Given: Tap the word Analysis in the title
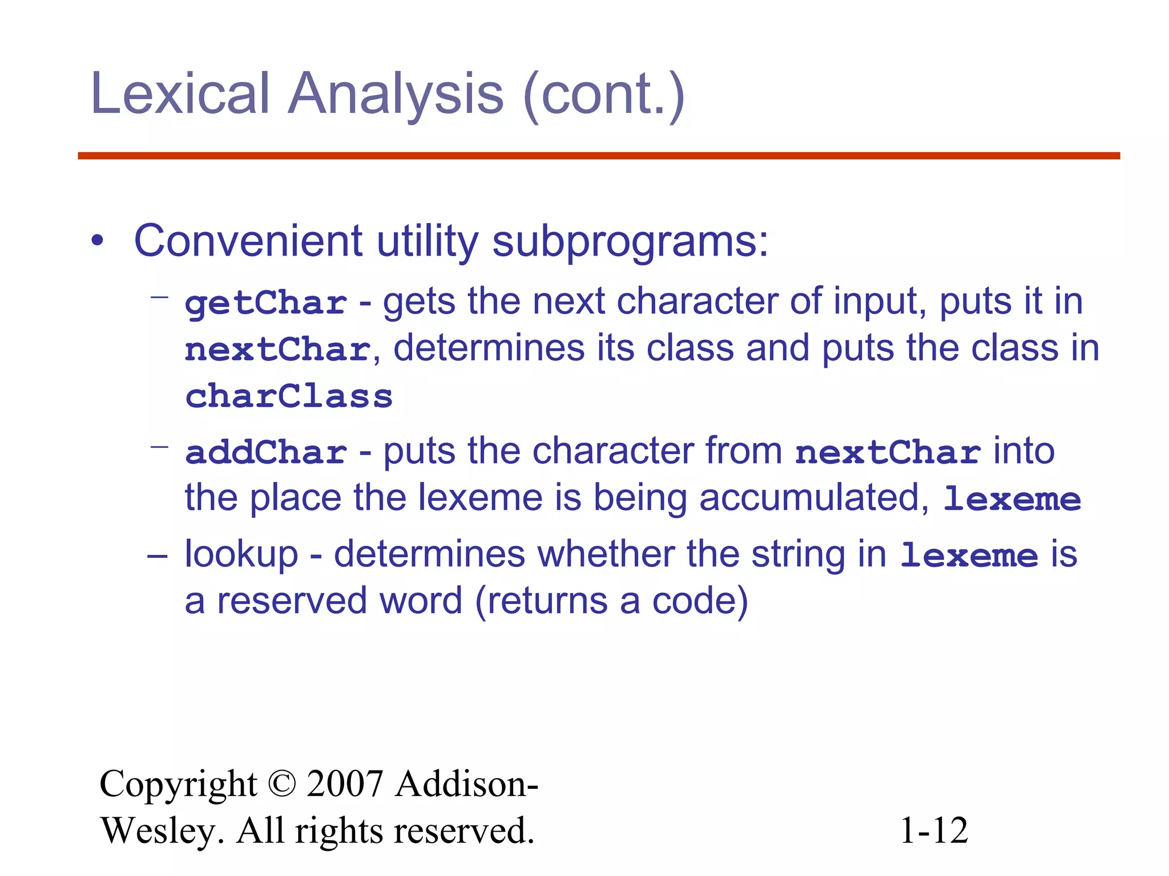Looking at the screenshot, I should [396, 94].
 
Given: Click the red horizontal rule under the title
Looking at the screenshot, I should [598, 156].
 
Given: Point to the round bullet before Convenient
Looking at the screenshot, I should [98, 241].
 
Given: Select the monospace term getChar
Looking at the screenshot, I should [266, 303].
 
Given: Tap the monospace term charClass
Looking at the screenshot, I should [289, 396].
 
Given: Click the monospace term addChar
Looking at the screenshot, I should [266, 452].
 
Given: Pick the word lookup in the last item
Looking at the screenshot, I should [241, 554].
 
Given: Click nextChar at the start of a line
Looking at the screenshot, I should [278, 350].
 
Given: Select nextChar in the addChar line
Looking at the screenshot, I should [888, 452].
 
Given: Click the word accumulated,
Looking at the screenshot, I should [815, 498].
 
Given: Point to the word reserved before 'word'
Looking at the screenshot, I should [291, 601].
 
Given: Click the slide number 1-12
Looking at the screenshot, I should [934, 830].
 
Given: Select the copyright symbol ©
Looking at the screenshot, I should [281, 784].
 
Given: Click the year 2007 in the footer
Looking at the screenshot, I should [345, 784].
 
